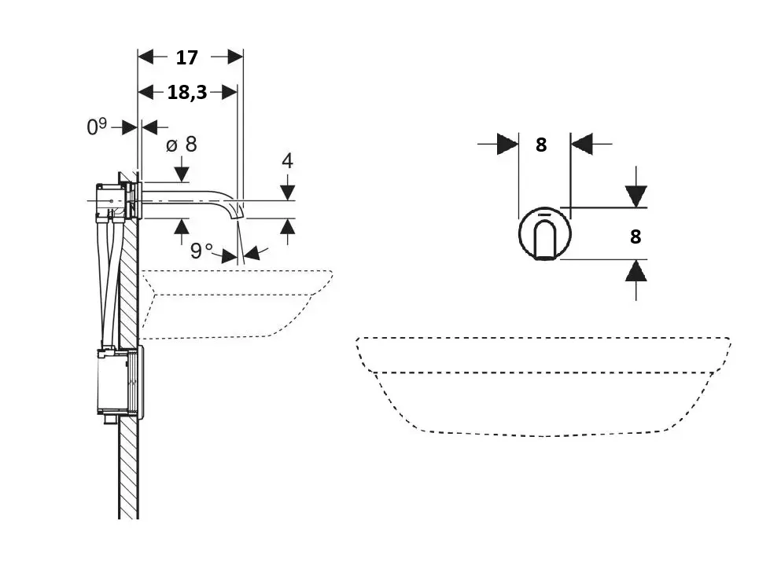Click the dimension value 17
tap(186, 57)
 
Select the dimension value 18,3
tap(186, 92)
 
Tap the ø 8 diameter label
tap(182, 145)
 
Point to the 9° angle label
tap(201, 251)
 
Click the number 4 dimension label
tap(287, 161)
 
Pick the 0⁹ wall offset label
tap(97, 127)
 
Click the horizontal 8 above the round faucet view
tap(541, 145)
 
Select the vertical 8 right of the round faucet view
tap(635, 237)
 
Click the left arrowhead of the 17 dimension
tap(146, 57)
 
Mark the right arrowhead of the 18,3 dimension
tap(229, 92)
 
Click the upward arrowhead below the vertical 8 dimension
tap(636, 272)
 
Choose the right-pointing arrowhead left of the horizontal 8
tap(508, 145)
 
